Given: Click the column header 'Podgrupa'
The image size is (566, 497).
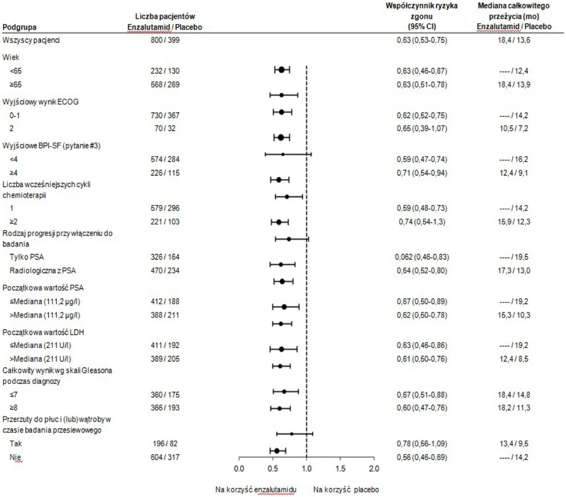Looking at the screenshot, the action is pyautogui.click(x=19, y=28).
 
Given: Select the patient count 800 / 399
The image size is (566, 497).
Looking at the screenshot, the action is pyautogui.click(x=165, y=40).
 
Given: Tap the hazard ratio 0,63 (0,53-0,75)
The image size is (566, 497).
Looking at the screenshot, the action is pyautogui.click(x=422, y=40).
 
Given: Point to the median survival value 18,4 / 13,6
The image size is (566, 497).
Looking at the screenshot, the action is pyautogui.click(x=514, y=40).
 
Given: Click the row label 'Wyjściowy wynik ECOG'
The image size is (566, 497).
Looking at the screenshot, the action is pyautogui.click(x=40, y=102).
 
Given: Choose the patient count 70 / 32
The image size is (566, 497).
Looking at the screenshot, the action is pyautogui.click(x=165, y=128).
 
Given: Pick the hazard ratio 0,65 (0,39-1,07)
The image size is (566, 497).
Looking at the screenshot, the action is pyautogui.click(x=422, y=128).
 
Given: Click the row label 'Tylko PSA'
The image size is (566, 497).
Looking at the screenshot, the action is pyautogui.click(x=27, y=257).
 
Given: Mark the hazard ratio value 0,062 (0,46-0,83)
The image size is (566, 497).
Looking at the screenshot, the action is pyautogui.click(x=422, y=257).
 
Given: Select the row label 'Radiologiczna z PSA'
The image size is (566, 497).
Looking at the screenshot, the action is pyautogui.click(x=43, y=271).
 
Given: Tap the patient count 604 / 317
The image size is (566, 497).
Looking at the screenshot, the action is pyautogui.click(x=165, y=457).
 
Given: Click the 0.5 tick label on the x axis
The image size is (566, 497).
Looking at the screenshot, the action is pyautogui.click(x=273, y=469).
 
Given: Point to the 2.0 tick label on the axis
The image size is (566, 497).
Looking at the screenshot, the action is pyautogui.click(x=374, y=469).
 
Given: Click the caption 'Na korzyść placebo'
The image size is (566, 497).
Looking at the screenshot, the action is pyautogui.click(x=346, y=490).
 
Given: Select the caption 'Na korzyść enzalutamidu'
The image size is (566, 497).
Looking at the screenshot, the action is pyautogui.click(x=256, y=490).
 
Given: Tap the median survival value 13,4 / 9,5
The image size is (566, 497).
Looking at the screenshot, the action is pyautogui.click(x=514, y=443).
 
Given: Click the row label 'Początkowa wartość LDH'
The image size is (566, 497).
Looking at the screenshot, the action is pyautogui.click(x=43, y=333).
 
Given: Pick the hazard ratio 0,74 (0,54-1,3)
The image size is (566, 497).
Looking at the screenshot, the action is pyautogui.click(x=422, y=222).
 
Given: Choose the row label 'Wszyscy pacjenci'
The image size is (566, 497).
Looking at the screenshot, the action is pyautogui.click(x=31, y=40).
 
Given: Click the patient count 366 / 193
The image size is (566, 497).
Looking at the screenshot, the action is pyautogui.click(x=165, y=408).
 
